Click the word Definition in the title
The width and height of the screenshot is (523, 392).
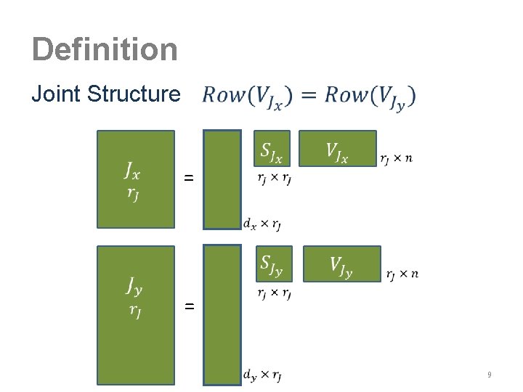(x=105, y=49)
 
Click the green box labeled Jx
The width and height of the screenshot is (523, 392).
(x=137, y=179)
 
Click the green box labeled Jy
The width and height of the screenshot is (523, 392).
(x=137, y=314)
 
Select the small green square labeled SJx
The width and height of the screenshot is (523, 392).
(x=272, y=150)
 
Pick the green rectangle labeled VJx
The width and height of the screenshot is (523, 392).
(x=337, y=150)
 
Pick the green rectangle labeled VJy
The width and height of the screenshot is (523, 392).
(x=341, y=264)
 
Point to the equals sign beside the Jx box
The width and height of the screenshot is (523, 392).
(x=189, y=178)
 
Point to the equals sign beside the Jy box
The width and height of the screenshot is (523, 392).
(x=189, y=307)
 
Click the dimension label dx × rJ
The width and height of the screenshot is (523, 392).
(x=262, y=224)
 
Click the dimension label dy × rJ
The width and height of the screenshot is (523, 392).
(x=262, y=375)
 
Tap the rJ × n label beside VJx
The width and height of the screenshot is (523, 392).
(x=396, y=158)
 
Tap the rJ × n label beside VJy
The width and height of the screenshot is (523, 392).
(x=402, y=274)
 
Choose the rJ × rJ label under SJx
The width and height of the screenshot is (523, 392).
(x=272, y=176)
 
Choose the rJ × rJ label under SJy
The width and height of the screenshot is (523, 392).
(x=274, y=293)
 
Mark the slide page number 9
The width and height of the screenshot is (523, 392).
(x=490, y=375)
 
